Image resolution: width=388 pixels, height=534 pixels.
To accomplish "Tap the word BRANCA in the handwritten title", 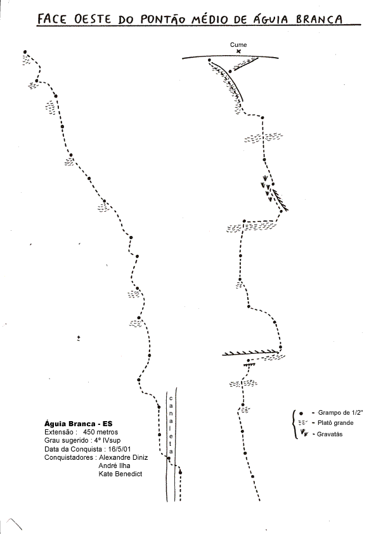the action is tap(319, 19).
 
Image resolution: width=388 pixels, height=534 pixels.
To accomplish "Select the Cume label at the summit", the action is tap(238, 44).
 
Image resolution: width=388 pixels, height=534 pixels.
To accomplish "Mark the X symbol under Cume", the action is tap(238, 51).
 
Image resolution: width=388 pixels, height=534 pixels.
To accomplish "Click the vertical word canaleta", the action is tap(171, 425).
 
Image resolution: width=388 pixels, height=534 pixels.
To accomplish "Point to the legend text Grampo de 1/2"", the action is tap(340, 413).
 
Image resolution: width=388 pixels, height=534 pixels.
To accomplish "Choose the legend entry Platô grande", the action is tap(335, 423).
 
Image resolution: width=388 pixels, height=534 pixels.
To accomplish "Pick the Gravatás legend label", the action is tap(330, 434).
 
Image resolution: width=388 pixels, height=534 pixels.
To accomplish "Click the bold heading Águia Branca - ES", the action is tap(78, 424).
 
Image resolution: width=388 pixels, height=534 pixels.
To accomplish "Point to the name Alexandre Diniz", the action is tap(123, 457).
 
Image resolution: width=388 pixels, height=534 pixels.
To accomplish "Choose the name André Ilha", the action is tap(114, 466).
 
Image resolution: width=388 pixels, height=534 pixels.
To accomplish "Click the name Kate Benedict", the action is tap(120, 474).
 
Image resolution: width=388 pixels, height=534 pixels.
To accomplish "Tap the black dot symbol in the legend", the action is tap(301, 414).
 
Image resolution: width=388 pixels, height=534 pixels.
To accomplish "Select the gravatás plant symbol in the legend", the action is tap(304, 433).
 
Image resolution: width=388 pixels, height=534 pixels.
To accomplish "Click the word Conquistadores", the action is tap(68, 457).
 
